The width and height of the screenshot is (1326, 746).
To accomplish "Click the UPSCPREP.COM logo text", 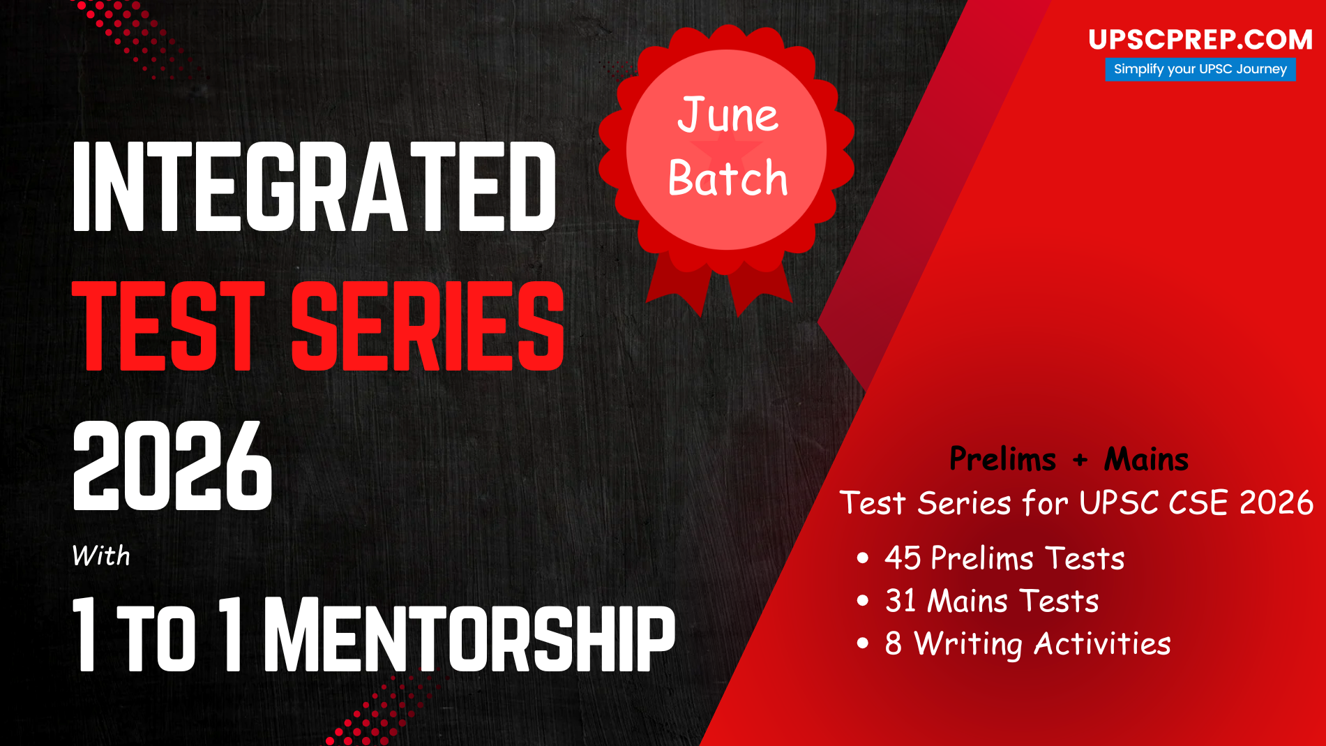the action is coord(1200,40).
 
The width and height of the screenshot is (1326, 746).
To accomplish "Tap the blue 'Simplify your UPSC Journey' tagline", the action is coord(1200,69).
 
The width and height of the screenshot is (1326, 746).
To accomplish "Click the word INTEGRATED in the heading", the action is coord(315,186).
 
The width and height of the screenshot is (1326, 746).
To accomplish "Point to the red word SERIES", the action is coord(428,326).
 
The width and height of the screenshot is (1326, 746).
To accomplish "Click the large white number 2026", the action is coord(172,465).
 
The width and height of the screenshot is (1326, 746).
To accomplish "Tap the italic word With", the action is coord(101,556).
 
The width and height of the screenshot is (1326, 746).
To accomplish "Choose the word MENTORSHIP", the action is coord(469,634).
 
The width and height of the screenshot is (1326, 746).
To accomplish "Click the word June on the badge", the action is coord(728,115).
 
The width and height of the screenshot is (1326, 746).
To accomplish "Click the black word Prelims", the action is coord(1003,459).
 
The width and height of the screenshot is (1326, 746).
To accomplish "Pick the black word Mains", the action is coord(1147,459).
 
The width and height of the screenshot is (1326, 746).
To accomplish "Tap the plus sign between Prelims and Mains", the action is coord(1080,460).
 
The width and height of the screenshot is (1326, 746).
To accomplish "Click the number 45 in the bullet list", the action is coord(903,558).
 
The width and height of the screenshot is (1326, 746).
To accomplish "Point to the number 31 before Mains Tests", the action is coord(901,601).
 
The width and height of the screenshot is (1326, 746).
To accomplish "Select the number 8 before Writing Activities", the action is coord(894,644).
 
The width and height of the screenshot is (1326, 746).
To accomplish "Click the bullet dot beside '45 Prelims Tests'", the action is coord(863,558).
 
